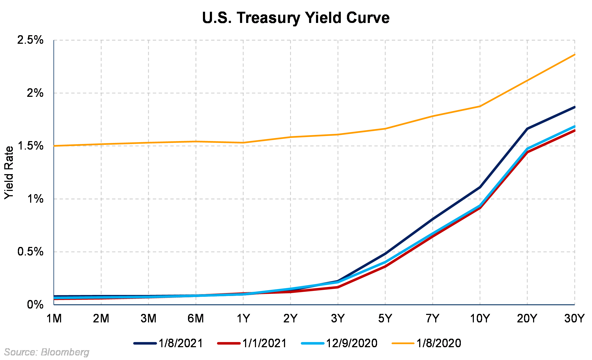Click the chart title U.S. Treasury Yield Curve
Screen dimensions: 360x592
tap(296, 18)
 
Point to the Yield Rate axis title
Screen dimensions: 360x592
tap(9, 173)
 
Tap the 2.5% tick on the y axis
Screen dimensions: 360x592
tap(30, 40)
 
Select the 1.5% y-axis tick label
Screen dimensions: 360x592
tap(30, 146)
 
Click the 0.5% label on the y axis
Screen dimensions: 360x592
tap(30, 251)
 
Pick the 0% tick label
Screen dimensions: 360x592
tap(35, 305)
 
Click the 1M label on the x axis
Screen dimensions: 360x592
tap(54, 318)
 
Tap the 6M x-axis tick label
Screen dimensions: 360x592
tap(196, 318)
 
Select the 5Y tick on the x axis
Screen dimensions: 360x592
tap(385, 318)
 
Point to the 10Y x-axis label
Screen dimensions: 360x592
tap(480, 318)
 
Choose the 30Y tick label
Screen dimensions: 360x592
tap(574, 318)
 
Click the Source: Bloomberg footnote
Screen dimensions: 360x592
tap(47, 352)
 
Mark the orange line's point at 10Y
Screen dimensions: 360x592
tap(480, 106)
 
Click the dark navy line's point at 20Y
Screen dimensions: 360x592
tap(527, 129)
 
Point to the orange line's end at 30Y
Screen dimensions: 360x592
tap(574, 55)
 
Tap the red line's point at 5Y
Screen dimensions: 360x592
tap(385, 266)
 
